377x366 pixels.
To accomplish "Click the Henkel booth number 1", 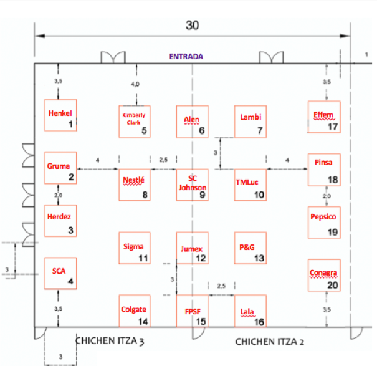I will [72, 125].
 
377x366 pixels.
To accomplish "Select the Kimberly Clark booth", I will [135, 122].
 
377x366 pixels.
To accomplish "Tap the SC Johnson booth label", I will [192, 183].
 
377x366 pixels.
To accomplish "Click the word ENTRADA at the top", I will [187, 57].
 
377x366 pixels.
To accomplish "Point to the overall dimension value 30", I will [193, 26].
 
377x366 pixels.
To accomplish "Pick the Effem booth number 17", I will [333, 127].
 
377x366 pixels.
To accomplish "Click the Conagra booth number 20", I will [333, 285].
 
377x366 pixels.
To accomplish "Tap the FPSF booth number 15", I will [201, 322].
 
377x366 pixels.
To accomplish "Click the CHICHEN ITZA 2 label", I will [269, 342].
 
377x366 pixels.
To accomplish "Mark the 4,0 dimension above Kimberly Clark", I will [135, 84].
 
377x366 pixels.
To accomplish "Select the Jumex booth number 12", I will [201, 259].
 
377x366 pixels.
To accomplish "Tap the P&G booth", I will [251, 248].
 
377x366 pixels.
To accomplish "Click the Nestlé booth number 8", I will [145, 195].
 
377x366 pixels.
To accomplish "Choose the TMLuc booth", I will [251, 185].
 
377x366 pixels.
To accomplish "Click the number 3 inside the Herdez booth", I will [72, 230].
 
